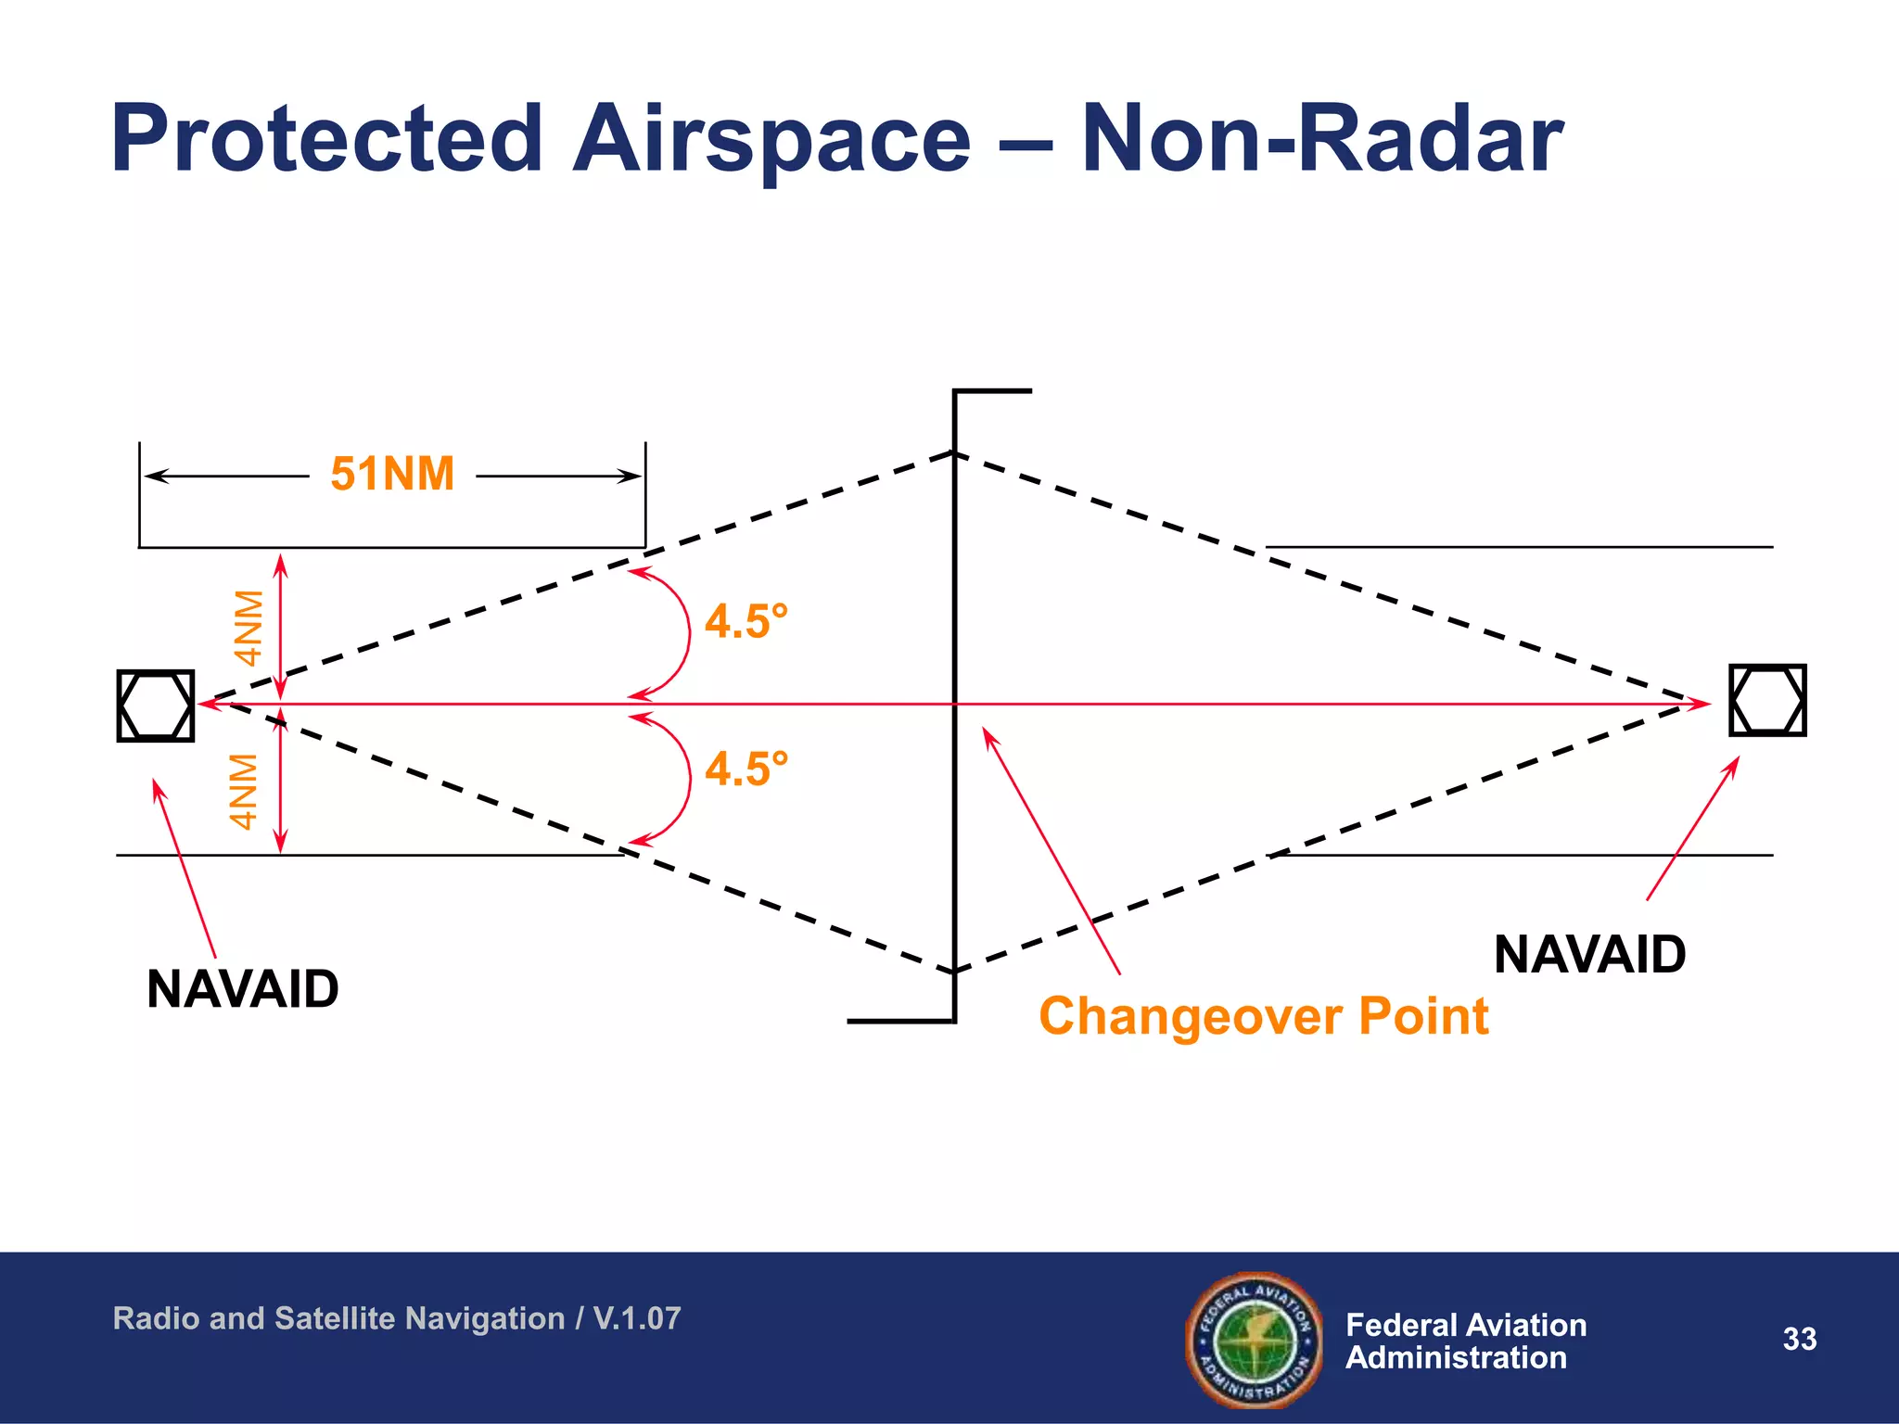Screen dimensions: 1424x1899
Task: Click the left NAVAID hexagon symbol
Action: tap(156, 706)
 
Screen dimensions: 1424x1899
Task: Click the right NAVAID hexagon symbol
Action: tap(1767, 700)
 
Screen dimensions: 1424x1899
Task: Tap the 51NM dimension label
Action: tap(392, 474)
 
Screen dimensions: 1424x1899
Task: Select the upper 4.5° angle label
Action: tap(746, 621)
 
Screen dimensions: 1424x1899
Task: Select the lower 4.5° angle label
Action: tap(746, 769)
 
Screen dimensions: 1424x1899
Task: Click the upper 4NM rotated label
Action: tap(248, 628)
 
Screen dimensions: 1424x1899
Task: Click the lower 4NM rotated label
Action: tap(244, 791)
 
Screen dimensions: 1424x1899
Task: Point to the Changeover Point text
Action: tap(1263, 1016)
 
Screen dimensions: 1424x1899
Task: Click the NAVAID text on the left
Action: tap(243, 989)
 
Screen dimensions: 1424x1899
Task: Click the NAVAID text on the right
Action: tap(1589, 955)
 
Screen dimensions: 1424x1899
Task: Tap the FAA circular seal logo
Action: tap(1255, 1340)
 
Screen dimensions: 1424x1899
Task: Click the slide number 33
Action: tap(1799, 1339)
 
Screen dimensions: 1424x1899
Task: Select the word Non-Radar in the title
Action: tap(1322, 139)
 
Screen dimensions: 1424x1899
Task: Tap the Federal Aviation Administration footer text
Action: tap(1465, 1341)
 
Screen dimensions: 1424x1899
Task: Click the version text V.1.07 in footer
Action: tap(637, 1318)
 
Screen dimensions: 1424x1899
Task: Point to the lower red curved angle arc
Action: tap(687, 779)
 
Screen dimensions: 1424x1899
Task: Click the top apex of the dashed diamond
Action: tap(954, 453)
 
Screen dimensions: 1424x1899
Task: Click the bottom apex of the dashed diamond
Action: tap(954, 971)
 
